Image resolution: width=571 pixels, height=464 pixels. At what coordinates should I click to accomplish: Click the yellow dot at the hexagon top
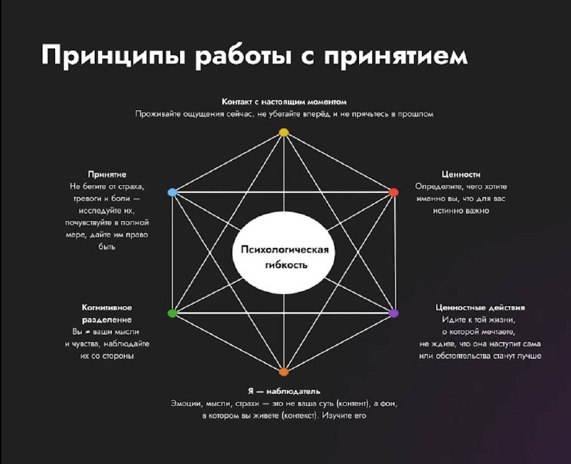(283, 132)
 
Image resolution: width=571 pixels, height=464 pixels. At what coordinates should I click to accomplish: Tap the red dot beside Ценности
(393, 192)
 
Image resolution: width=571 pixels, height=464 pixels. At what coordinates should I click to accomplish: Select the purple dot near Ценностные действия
(393, 314)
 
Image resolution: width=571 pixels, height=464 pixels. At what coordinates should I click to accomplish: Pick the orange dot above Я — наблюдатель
(283, 372)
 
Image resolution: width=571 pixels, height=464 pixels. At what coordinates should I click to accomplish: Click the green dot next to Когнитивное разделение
(172, 314)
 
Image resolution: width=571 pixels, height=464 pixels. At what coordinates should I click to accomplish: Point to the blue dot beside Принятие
(172, 192)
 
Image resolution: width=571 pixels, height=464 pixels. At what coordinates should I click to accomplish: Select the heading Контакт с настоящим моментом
(284, 102)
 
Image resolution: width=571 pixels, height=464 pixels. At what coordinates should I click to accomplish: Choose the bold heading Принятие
(107, 174)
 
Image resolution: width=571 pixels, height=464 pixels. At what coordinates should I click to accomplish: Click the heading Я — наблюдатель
(283, 391)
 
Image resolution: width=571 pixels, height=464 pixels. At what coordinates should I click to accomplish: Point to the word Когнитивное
(107, 307)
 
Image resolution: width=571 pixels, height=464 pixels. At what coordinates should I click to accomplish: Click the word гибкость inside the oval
(283, 265)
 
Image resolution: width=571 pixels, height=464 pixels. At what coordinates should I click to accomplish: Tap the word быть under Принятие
(107, 246)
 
